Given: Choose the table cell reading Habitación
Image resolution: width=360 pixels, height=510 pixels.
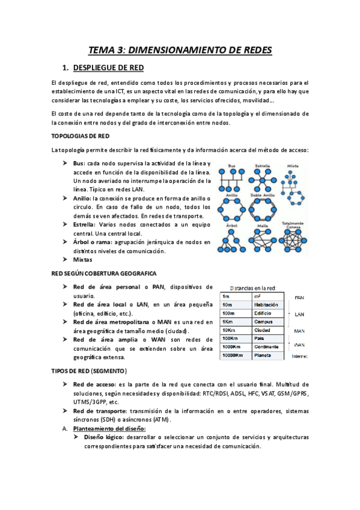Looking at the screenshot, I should tap(267, 305).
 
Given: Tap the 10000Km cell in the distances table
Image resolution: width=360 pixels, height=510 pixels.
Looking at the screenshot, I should tap(233, 356).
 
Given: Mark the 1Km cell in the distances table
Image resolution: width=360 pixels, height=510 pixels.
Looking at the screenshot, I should tap(228, 322).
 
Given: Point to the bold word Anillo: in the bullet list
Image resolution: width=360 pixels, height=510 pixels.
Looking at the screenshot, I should tap(82, 198).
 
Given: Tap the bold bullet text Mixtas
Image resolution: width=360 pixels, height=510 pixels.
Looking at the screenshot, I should tap(83, 259).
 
